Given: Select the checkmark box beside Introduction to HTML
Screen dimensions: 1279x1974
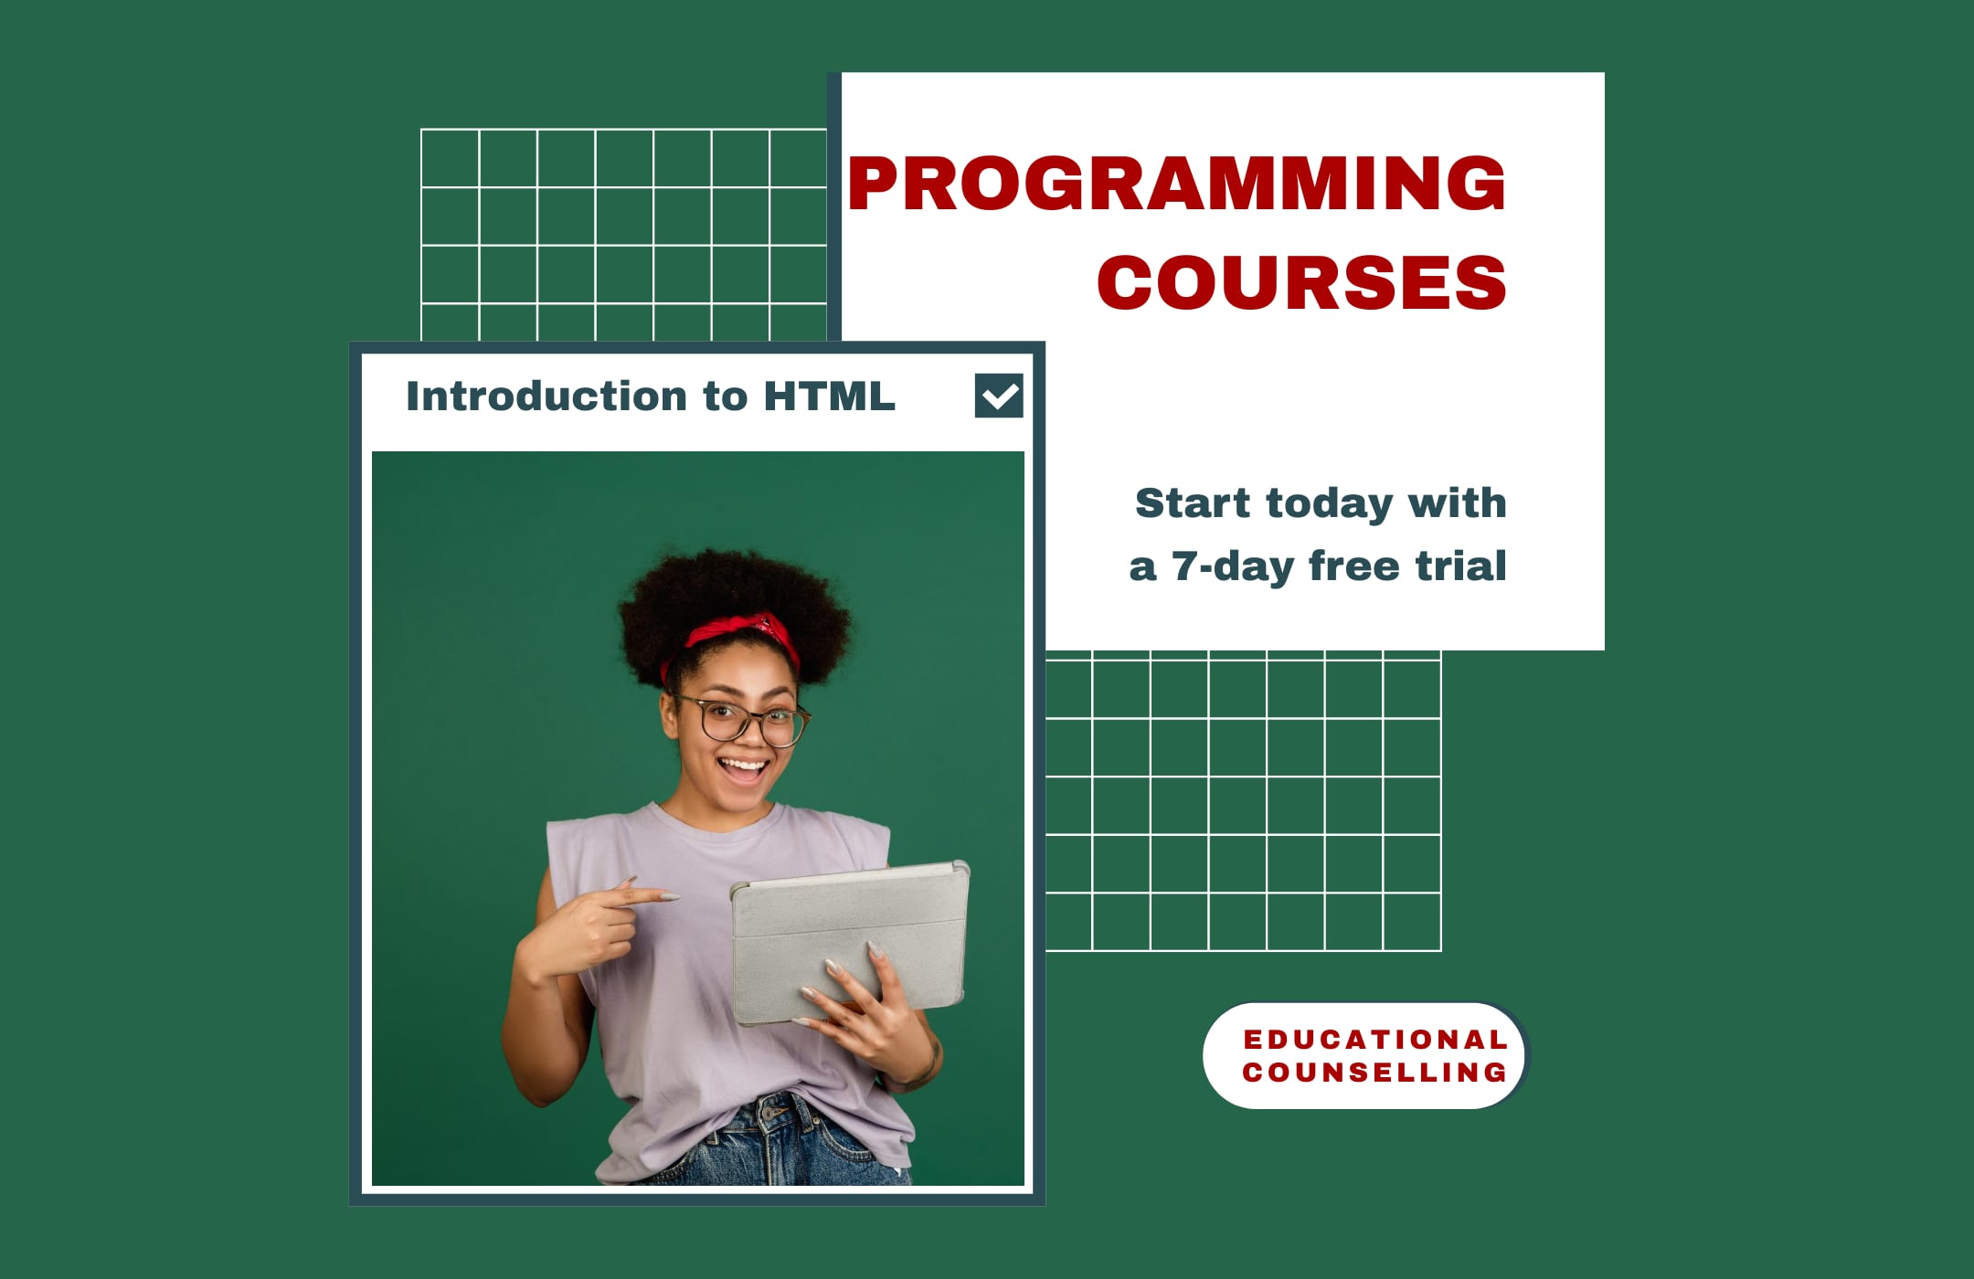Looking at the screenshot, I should click(x=998, y=396).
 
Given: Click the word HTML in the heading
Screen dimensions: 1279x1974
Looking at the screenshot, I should click(x=829, y=396).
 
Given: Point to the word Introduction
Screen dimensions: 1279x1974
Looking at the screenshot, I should click(x=546, y=396).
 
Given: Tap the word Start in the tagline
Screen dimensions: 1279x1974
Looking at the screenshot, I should click(x=1193, y=503).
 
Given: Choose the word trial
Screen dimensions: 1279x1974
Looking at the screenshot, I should click(x=1460, y=566).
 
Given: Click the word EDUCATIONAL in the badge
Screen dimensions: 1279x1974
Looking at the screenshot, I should click(x=1374, y=1040).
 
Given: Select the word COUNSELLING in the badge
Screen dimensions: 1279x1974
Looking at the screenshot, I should click(x=1374, y=1073).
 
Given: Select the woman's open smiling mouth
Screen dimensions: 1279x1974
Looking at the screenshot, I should click(x=743, y=766).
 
